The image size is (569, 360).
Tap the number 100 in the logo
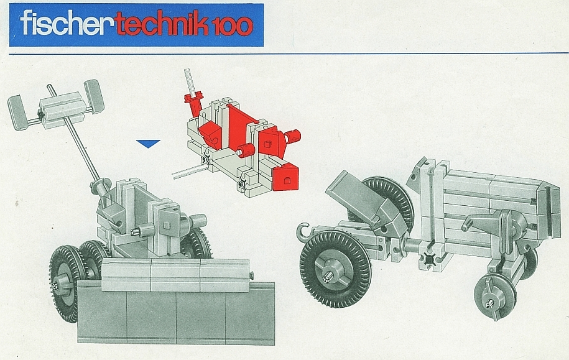point(231,27)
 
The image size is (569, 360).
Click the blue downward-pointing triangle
point(148,144)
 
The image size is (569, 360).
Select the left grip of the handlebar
point(17,112)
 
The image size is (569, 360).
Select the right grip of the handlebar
point(94,96)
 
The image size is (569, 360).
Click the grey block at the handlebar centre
point(62,109)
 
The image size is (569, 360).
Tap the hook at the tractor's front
point(303,233)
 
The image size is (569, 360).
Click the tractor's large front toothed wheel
point(335,269)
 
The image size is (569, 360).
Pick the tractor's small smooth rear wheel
point(494,297)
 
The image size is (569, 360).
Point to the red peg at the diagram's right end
point(293,136)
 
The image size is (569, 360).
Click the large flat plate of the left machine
point(177,312)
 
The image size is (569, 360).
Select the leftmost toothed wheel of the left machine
point(64,284)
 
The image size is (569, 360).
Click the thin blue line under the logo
point(289,53)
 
